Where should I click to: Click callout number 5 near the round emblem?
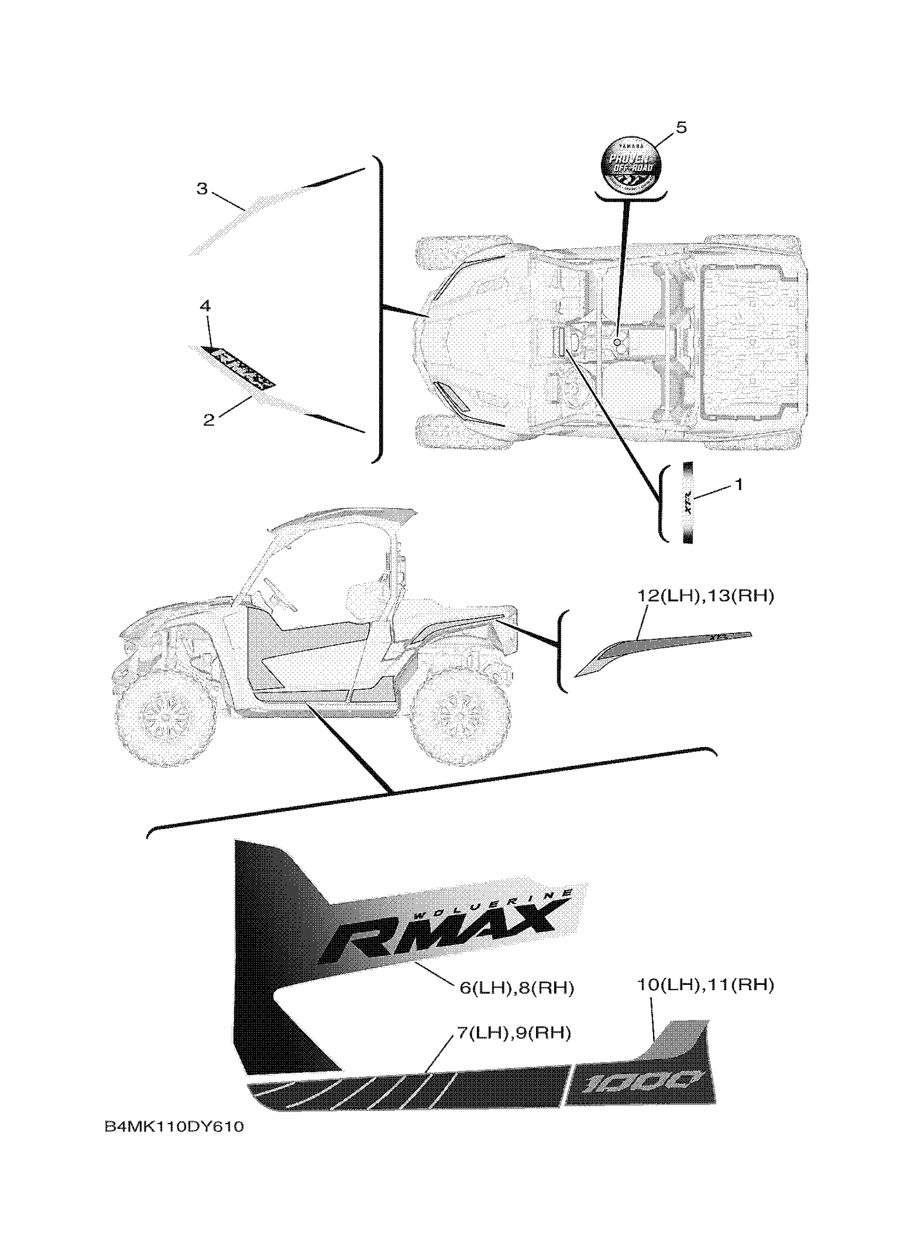click(x=681, y=128)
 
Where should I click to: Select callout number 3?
click(x=202, y=189)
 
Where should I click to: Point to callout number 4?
click(x=205, y=306)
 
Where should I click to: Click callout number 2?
click(x=208, y=421)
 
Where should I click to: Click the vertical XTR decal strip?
click(x=688, y=503)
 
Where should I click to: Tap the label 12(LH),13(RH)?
click(x=705, y=596)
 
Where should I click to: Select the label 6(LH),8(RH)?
click(x=516, y=988)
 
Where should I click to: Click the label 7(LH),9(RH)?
click(x=514, y=1033)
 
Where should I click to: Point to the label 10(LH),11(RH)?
click(x=705, y=985)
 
